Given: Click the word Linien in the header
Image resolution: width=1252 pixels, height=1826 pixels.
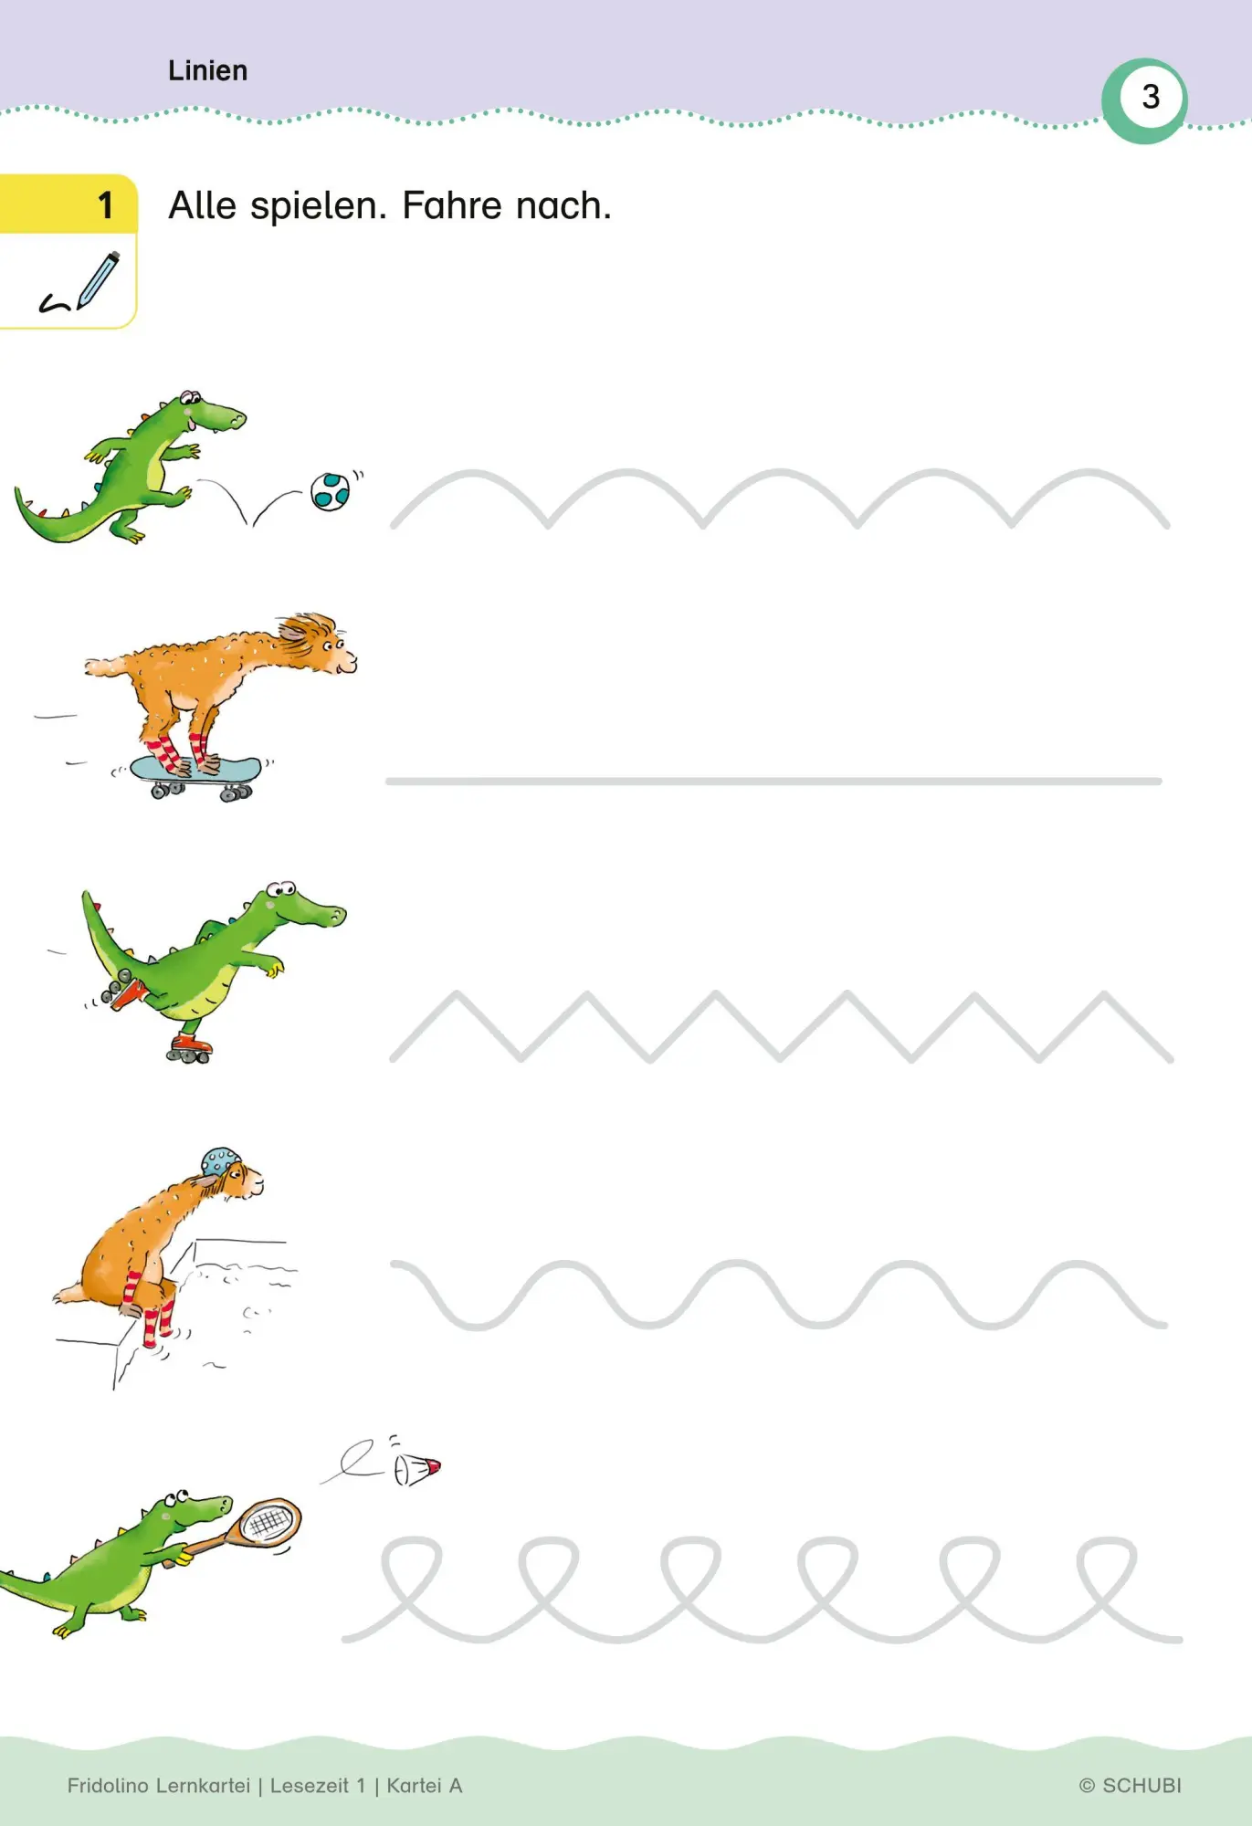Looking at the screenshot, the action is [207, 70].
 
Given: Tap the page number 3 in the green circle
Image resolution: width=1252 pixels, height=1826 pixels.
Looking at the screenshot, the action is [1151, 97].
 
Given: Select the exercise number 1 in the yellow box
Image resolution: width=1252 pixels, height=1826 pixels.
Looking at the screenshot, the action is [106, 205].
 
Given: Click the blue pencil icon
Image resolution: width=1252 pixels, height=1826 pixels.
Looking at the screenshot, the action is [98, 280].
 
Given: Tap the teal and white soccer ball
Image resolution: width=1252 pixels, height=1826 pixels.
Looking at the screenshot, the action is [330, 491].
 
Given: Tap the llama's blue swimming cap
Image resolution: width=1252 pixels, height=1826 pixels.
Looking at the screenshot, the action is [220, 1163].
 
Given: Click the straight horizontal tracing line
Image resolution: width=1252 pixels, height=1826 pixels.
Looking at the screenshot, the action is [773, 782].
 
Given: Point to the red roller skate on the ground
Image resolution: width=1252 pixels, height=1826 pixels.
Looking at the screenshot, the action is [190, 1047].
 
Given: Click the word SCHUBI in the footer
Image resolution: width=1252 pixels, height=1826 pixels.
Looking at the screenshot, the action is [1142, 1785].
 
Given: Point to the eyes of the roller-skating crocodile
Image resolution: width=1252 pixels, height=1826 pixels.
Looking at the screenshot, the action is [281, 888].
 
